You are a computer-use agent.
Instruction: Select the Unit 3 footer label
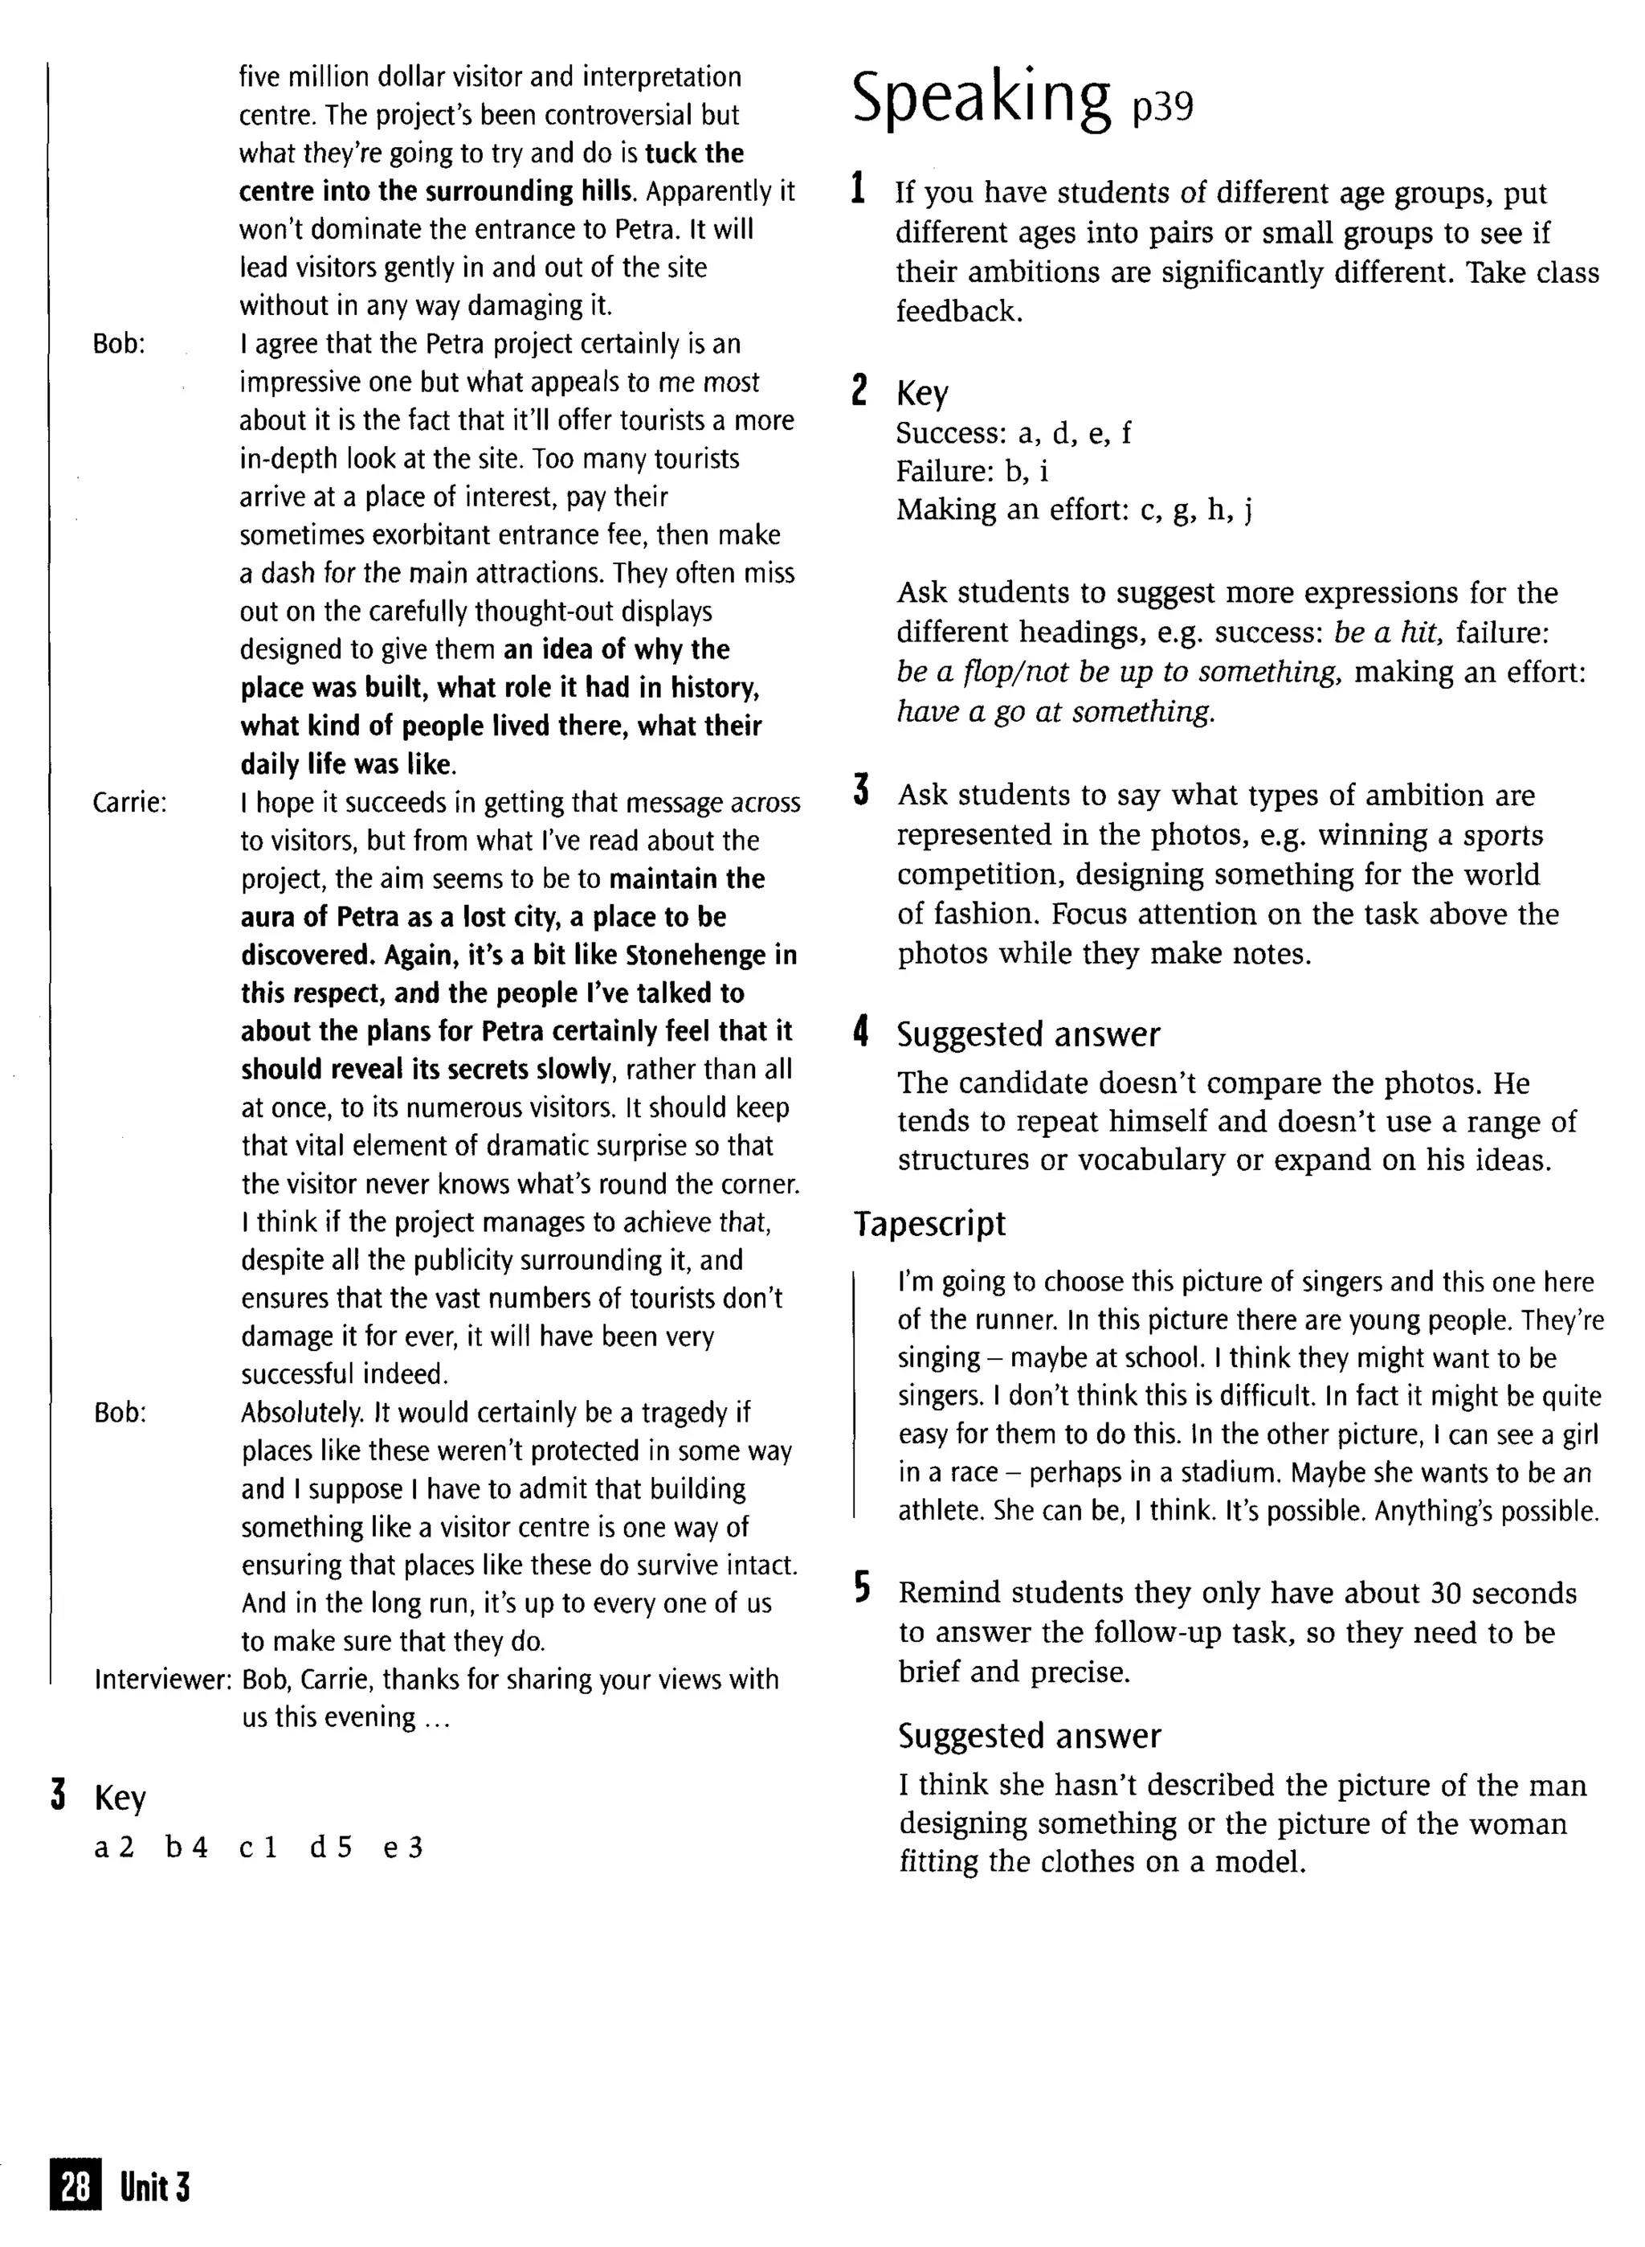tap(154, 2188)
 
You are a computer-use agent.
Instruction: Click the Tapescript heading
tap(929, 1224)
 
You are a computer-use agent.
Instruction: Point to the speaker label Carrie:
tap(129, 803)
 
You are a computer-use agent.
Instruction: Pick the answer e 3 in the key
tap(403, 1848)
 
